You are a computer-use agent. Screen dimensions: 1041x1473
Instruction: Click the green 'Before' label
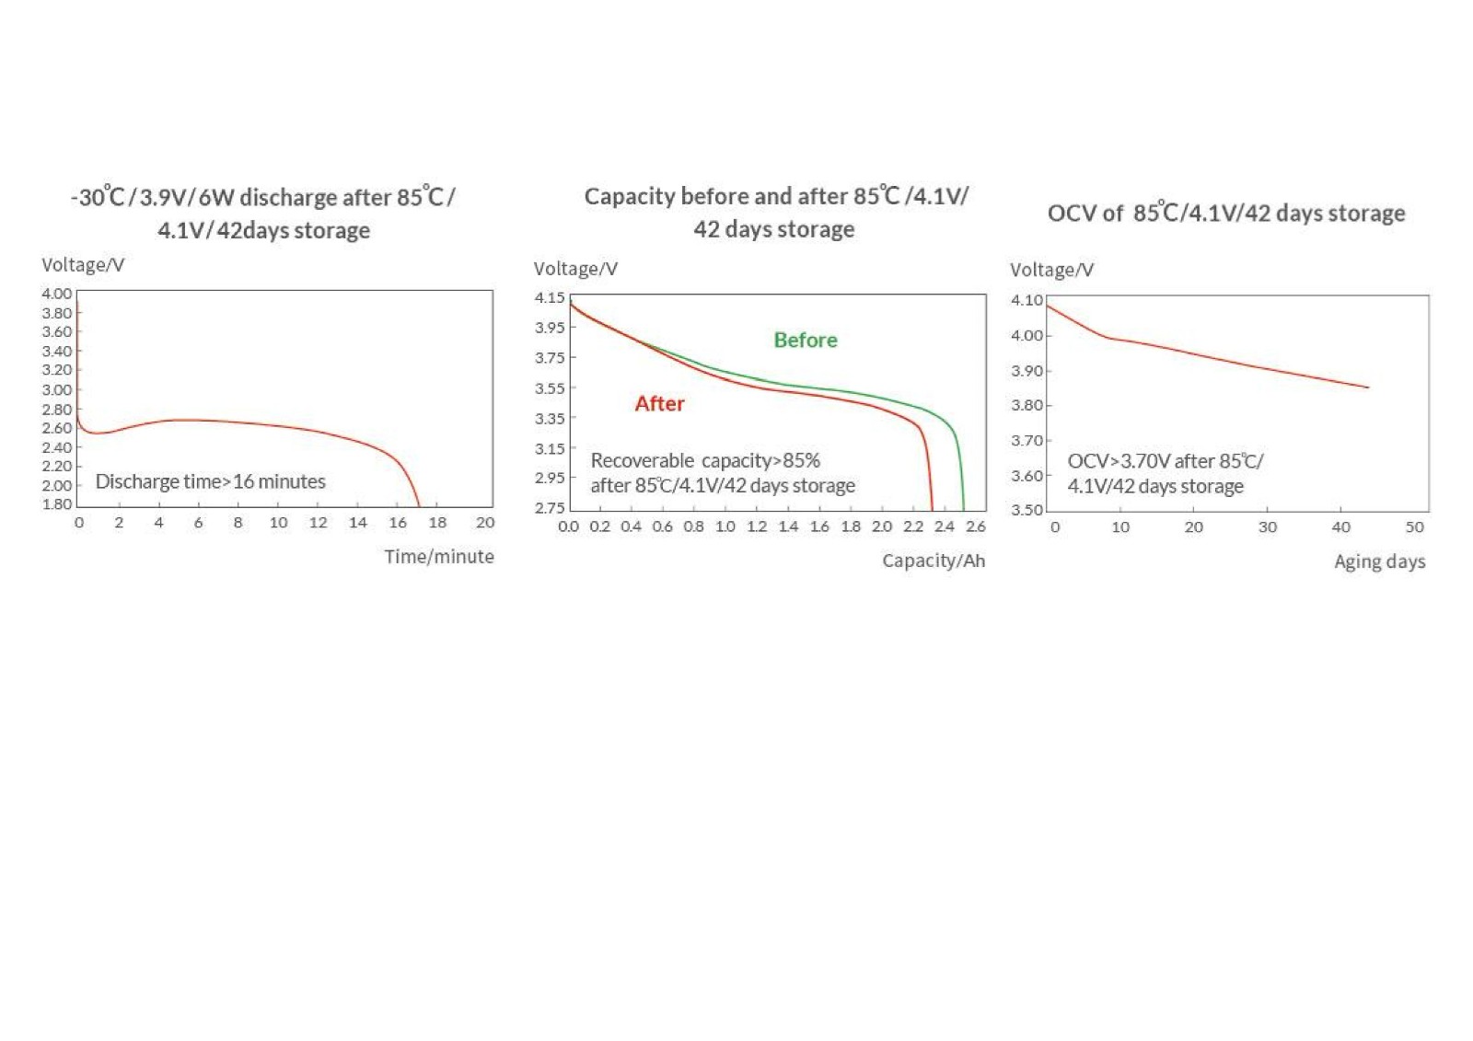pos(806,341)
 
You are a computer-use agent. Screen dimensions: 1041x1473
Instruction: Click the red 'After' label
pos(659,404)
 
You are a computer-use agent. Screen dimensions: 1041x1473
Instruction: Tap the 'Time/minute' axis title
pos(439,557)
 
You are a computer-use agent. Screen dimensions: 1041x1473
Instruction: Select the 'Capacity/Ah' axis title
pos(934,561)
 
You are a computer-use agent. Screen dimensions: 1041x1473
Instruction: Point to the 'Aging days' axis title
pos(1380,562)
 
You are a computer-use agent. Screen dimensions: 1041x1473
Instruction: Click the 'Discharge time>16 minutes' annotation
pos(211,482)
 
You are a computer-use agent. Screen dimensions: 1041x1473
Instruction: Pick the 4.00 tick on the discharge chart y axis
pos(57,294)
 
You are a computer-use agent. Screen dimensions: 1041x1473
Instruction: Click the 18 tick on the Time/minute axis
pos(438,523)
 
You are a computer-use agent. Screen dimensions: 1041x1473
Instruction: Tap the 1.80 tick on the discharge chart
pos(57,504)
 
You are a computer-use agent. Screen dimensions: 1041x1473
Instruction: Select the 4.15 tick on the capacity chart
pos(551,298)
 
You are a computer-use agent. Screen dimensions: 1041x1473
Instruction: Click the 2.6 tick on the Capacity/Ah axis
pos(976,526)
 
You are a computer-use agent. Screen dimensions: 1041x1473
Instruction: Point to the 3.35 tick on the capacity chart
pos(551,419)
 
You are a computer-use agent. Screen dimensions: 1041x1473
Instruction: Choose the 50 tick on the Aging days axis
pos(1415,527)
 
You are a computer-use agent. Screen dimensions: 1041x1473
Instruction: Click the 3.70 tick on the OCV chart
pos(1027,441)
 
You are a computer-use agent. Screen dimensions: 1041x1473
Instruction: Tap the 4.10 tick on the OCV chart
pos(1027,301)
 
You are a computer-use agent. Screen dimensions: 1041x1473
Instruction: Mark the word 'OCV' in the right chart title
pos(1072,214)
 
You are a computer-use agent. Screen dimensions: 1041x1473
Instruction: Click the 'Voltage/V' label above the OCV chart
pos(1052,271)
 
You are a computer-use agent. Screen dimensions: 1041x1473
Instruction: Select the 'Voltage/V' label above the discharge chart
pos(83,265)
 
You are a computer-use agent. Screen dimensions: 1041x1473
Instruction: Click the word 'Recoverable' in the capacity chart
pos(643,461)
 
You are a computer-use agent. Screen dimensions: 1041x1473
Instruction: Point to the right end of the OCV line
pos(1368,387)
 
